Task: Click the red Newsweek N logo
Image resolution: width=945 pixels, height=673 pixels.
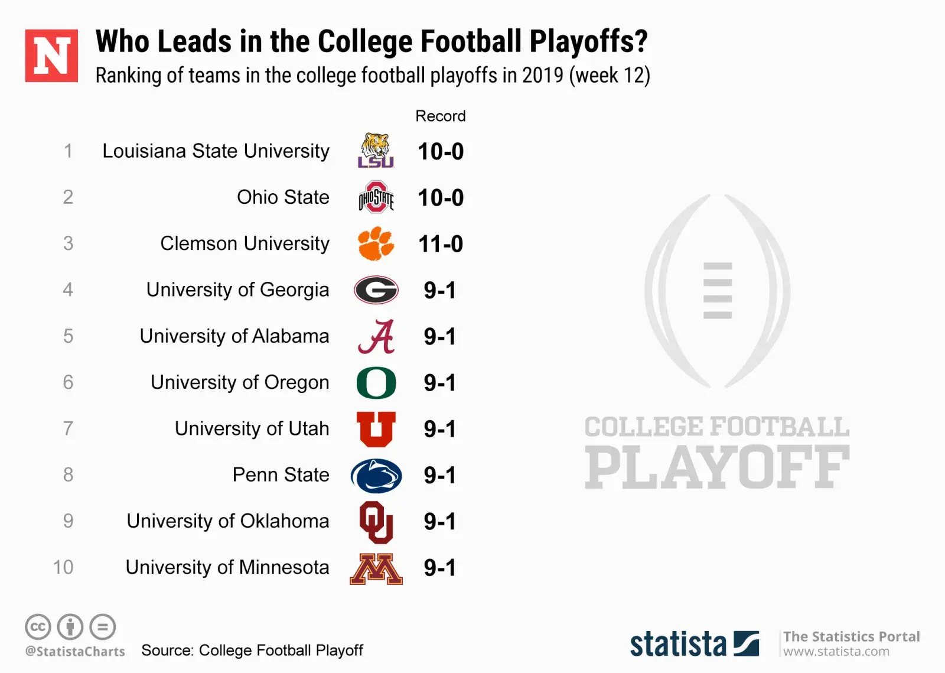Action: click(x=51, y=56)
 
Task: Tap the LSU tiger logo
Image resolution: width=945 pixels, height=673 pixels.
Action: click(x=376, y=151)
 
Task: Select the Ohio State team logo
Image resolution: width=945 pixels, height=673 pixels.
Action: click(x=376, y=197)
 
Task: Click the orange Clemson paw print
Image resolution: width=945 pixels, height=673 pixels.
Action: click(x=376, y=243)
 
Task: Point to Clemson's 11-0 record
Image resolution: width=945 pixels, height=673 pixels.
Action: click(x=441, y=244)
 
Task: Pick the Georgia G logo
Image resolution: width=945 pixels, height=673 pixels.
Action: click(x=376, y=290)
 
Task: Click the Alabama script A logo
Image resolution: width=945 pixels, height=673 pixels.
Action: click(x=376, y=336)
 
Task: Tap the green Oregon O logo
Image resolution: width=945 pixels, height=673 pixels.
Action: click(x=376, y=383)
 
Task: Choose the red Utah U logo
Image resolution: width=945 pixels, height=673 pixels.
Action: click(x=376, y=429)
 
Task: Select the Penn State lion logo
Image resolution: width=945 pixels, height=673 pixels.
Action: click(x=376, y=476)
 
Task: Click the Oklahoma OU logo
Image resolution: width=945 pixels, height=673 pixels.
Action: click(x=376, y=522)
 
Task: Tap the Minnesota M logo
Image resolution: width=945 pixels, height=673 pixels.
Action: click(x=376, y=568)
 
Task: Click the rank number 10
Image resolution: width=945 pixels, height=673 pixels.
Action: click(x=63, y=567)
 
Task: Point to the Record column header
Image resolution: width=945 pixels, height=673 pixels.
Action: click(x=441, y=116)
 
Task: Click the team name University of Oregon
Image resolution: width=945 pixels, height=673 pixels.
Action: click(x=240, y=382)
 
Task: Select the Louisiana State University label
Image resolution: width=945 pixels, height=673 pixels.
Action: click(x=216, y=151)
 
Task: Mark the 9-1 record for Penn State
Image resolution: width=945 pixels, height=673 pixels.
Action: click(x=440, y=476)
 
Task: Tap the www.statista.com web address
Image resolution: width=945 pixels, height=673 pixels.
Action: click(x=836, y=652)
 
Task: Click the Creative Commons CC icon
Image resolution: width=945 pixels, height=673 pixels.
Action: click(x=38, y=627)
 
